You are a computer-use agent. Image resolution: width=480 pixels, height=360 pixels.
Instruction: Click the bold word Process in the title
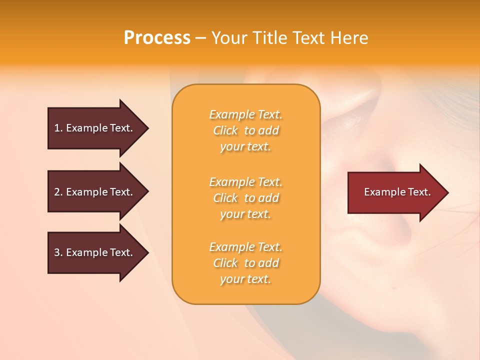[x=157, y=38]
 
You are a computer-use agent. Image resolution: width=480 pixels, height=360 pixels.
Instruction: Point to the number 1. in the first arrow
[x=58, y=128]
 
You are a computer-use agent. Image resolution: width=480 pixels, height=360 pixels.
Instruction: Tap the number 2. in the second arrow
[x=58, y=192]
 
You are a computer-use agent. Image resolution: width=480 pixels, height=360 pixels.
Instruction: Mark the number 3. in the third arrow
[x=58, y=252]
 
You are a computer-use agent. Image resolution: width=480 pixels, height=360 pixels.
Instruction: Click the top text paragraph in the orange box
[x=245, y=130]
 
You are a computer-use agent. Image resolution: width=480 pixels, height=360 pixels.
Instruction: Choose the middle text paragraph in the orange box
[x=245, y=198]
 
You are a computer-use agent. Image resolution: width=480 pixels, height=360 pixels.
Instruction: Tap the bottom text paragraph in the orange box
[x=245, y=263]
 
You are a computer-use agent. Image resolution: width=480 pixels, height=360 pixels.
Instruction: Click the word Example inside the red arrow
[x=381, y=192]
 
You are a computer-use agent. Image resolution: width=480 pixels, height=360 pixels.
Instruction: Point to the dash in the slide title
[x=200, y=38]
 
